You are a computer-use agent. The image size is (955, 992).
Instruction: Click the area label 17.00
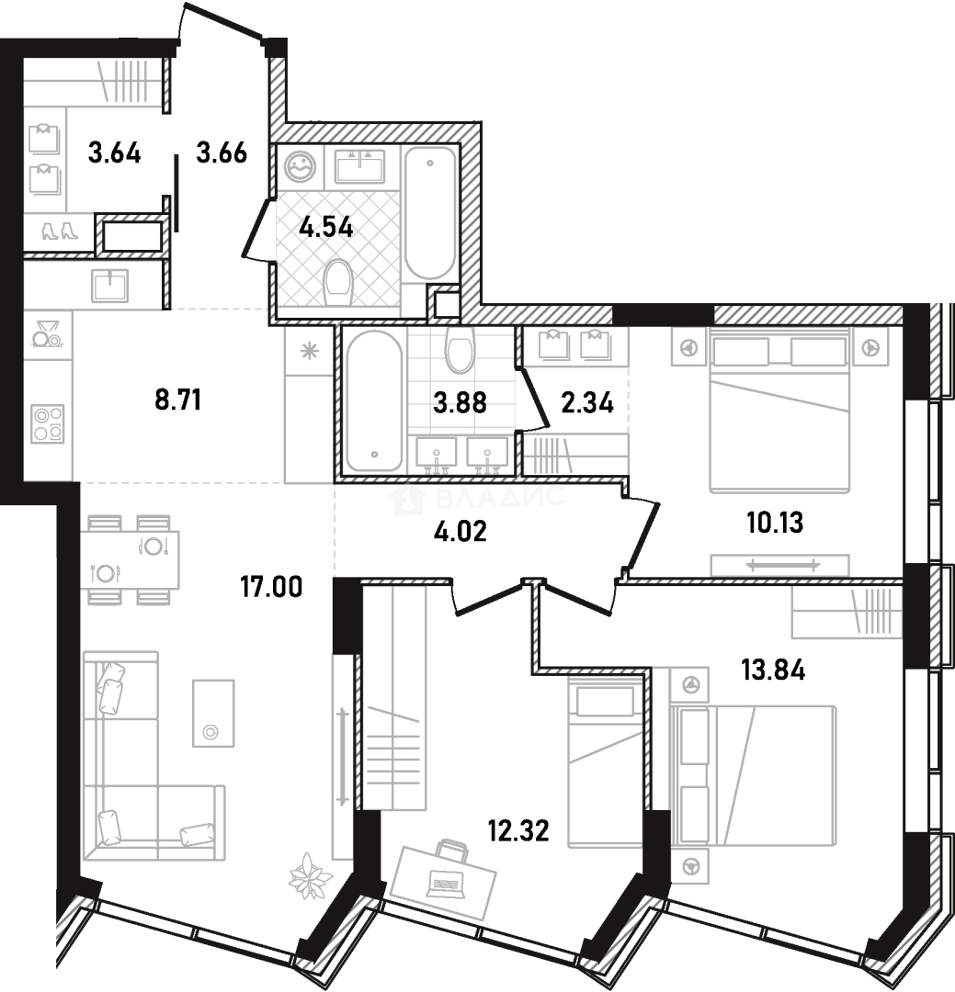point(271,587)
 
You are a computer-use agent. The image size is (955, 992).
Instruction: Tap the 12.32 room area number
point(518,830)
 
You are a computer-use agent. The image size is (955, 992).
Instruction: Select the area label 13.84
point(773,670)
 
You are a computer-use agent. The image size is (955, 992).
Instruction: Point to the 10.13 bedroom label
point(775,523)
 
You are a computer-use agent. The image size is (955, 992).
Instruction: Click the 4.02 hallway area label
point(460,532)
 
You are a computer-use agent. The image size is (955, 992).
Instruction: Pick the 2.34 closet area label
point(587,402)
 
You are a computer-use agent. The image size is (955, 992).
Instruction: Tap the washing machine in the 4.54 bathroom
point(301,167)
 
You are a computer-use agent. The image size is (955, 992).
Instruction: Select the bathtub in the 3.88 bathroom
point(374,401)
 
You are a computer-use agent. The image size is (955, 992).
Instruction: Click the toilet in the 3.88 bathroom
point(460,349)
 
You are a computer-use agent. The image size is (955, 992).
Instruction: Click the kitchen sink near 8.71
point(110,286)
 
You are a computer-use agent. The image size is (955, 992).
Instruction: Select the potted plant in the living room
point(311,876)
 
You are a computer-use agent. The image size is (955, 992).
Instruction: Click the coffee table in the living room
point(213,713)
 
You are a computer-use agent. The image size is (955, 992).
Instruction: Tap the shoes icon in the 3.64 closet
point(60,231)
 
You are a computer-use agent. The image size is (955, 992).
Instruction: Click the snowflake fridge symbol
point(309,351)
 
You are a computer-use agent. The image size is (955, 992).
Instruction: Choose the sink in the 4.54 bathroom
point(360,166)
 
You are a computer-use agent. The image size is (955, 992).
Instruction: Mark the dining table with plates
point(130,560)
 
